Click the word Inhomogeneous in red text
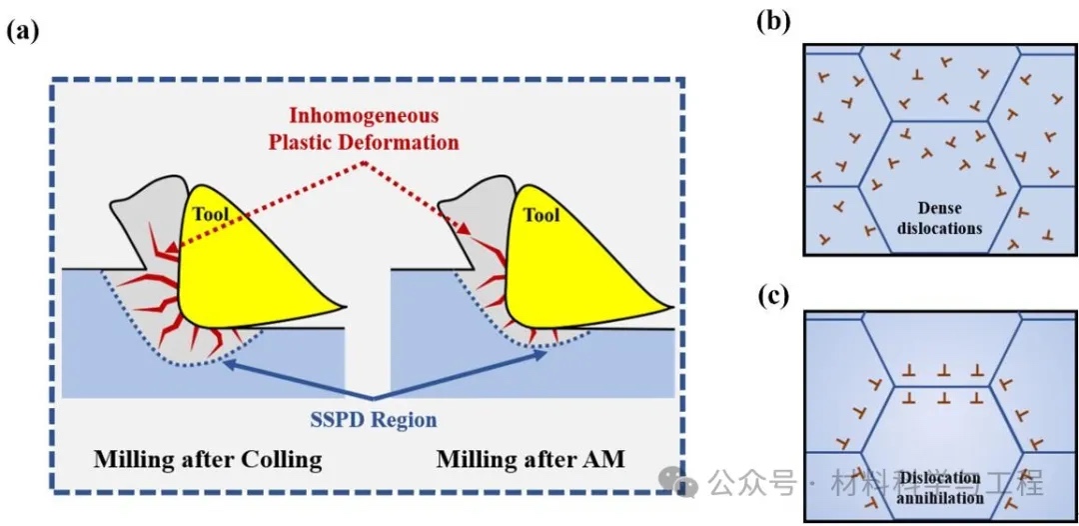pos(366,117)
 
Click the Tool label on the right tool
pos(540,214)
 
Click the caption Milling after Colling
pos(208,460)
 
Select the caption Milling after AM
pos(531,460)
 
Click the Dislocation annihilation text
pos(939,486)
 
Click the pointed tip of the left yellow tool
pos(343,307)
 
